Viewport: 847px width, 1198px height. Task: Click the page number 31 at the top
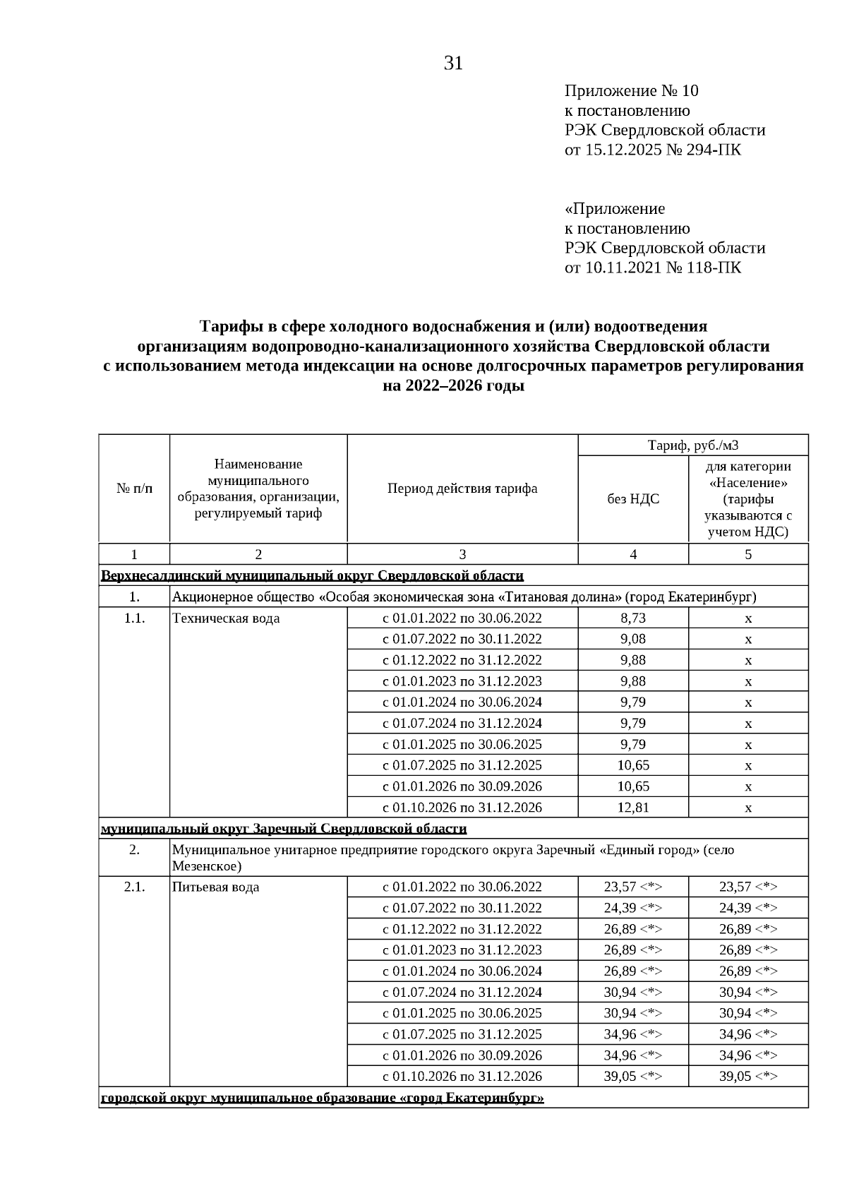453,64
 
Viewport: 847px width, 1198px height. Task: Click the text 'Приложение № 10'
631,90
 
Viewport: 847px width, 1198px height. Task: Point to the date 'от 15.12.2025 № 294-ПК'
652,150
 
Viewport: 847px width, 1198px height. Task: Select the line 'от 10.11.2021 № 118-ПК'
652,268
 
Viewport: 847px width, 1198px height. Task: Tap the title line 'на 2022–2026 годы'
453,386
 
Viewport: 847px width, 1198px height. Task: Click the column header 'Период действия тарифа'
462,489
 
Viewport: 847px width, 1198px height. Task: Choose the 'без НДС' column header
633,499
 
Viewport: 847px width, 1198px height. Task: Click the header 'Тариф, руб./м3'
692,445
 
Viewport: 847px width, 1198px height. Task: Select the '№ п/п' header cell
134,489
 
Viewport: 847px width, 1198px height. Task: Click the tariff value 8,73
633,618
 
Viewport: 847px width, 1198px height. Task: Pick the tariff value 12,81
633,807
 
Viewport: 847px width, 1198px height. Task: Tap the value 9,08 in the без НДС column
633,639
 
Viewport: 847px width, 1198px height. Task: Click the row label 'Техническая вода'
226,618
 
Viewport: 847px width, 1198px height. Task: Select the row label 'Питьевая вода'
215,887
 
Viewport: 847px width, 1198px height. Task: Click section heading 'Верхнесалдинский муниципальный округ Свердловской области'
312,575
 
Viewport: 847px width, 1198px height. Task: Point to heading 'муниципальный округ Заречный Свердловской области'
284,828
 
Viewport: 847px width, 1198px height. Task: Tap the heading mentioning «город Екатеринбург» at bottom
322,1098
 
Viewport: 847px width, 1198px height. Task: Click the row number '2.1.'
134,887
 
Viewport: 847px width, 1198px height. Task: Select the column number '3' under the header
462,554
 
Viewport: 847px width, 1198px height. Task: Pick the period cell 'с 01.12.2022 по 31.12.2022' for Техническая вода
462,660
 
